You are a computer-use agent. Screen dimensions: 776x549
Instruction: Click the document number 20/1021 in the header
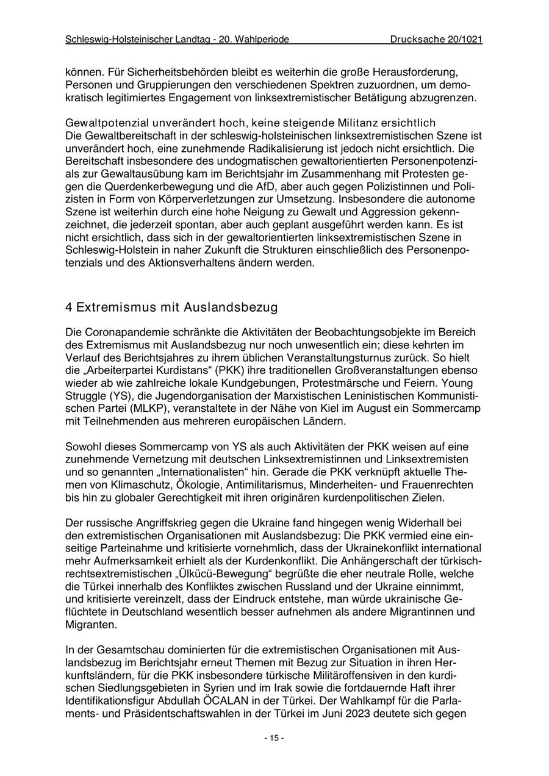pos(465,40)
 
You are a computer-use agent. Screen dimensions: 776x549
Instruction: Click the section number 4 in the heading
pos(69,307)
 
